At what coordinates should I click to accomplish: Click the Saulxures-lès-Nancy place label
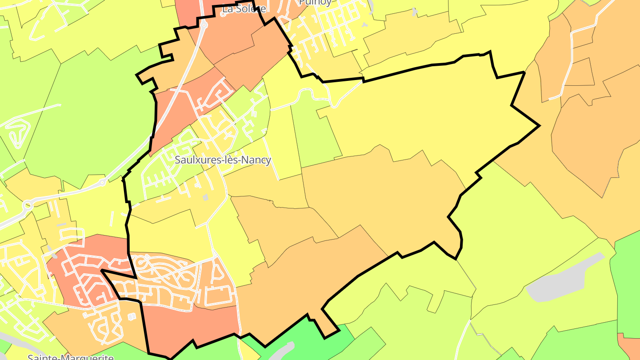[223, 160]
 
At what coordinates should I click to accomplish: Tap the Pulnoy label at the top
[315, 3]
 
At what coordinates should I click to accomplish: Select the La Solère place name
[244, 9]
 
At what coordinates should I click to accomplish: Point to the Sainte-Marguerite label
[71, 357]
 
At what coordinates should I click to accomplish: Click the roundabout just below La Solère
[204, 25]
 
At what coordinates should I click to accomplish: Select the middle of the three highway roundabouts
[103, 182]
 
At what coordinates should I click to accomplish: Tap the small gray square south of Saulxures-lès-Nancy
[205, 197]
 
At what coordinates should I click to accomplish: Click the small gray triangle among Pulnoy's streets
[364, 25]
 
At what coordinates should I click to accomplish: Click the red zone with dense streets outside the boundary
[84, 271]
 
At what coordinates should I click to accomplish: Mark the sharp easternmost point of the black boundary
[539, 126]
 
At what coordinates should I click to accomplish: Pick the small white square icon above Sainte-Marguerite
[132, 317]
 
